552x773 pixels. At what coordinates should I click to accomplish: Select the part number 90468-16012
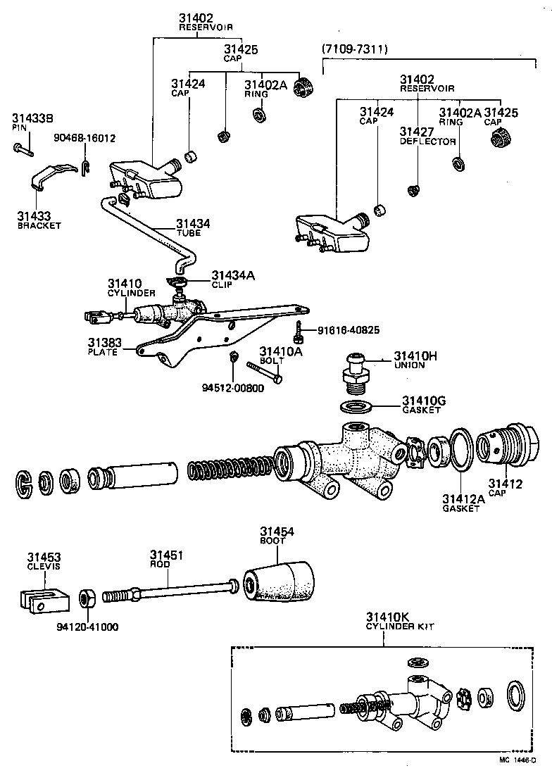(85, 138)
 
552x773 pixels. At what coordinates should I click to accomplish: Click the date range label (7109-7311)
(355, 49)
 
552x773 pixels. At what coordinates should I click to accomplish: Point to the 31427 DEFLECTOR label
(427, 136)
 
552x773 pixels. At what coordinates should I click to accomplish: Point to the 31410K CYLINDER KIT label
(394, 622)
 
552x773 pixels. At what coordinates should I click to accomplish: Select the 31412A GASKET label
(463, 503)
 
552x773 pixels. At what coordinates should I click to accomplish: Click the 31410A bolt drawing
(264, 372)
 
